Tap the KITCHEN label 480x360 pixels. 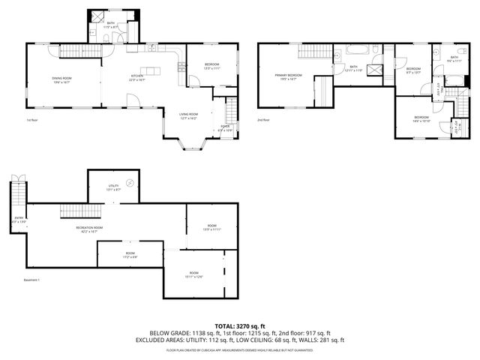[x=137, y=78]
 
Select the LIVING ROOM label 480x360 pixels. [x=187, y=116]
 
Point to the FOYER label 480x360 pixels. [x=224, y=128]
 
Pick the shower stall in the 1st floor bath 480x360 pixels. [x=97, y=16]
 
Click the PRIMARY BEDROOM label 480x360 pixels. [x=288, y=77]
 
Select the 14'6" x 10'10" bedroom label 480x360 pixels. [x=421, y=119]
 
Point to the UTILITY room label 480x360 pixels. [x=114, y=187]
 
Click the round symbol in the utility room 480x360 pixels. [x=129, y=181]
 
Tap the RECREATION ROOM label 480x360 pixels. [x=88, y=229]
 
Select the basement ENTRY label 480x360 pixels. [x=19, y=220]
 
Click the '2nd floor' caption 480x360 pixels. [x=263, y=120]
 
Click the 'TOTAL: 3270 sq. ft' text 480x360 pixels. [x=239, y=325]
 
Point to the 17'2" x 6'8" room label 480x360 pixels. [x=130, y=255]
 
